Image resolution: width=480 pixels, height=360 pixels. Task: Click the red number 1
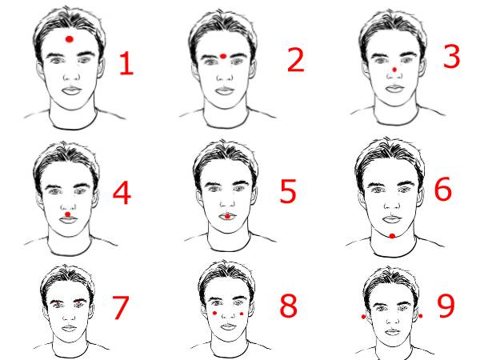click(126, 63)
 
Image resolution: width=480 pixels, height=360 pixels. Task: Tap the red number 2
click(296, 60)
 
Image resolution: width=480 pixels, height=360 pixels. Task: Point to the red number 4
click(122, 193)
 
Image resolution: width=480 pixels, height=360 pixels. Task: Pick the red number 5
click(288, 191)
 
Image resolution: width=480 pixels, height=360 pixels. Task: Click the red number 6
click(443, 189)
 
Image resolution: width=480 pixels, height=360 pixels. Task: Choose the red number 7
click(120, 308)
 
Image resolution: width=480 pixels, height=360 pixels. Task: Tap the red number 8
click(288, 306)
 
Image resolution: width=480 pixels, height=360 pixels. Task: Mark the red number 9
click(446, 306)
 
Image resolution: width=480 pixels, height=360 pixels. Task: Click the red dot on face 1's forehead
click(70, 39)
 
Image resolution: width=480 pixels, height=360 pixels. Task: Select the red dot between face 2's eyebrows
click(223, 56)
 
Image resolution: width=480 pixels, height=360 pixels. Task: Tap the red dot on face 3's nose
click(394, 70)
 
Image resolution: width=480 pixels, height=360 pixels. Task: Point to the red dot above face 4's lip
click(68, 214)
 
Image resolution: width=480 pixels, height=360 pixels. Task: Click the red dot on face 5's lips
click(227, 217)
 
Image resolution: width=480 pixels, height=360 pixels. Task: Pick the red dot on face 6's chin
click(392, 236)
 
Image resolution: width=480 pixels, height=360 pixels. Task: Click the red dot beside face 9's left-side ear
click(364, 317)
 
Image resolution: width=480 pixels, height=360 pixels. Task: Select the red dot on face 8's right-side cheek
click(242, 314)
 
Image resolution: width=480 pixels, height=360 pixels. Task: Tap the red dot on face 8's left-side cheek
click(214, 313)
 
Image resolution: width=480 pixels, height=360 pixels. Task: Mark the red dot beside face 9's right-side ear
click(421, 316)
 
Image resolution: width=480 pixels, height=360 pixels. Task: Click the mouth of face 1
click(72, 90)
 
